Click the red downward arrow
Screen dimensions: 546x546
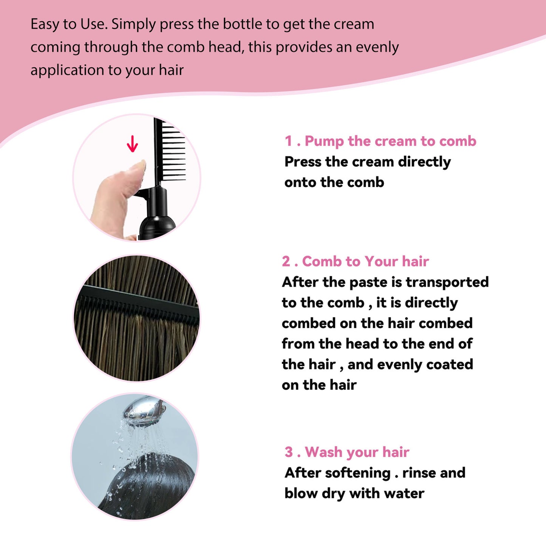point(132,144)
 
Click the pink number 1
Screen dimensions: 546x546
point(289,141)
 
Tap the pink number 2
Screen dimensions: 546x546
point(286,261)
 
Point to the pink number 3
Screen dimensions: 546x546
point(289,452)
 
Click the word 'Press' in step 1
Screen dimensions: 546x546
point(303,162)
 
